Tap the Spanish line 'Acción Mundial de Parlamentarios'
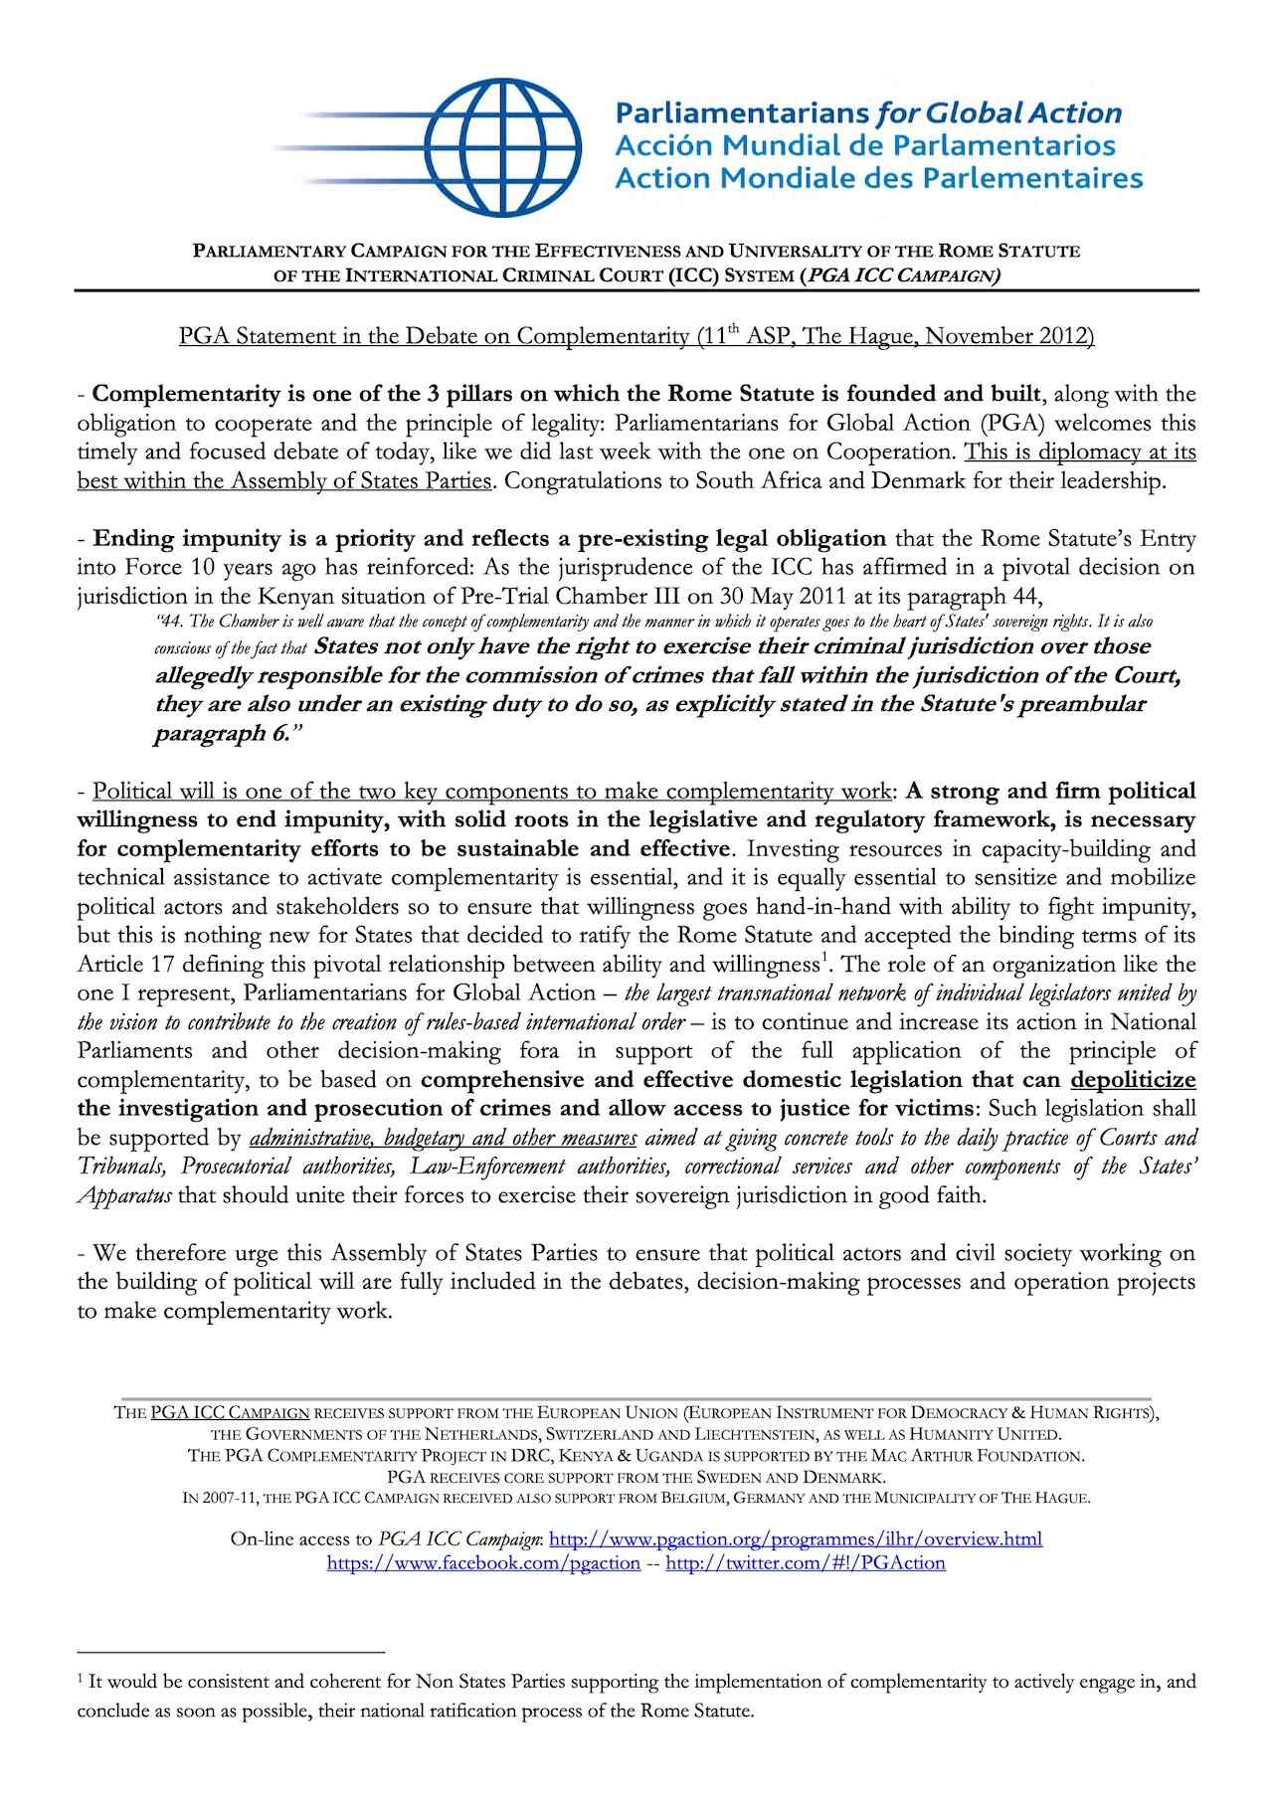tap(864, 146)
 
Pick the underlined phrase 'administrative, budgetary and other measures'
tap(444, 1138)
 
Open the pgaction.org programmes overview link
tap(796, 1539)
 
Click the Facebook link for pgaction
tap(483, 1562)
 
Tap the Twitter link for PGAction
tap(805, 1562)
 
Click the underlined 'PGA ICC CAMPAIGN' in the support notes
tap(230, 1412)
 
